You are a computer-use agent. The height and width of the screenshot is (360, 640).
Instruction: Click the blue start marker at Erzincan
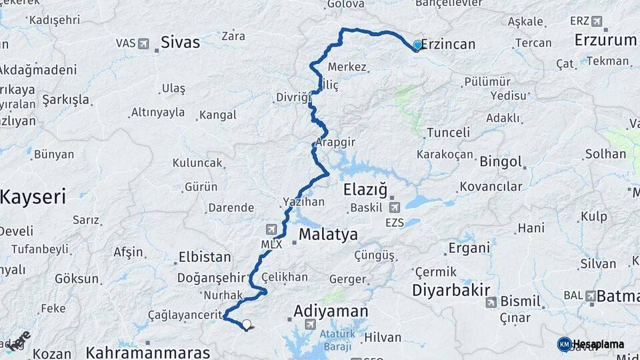pyautogui.click(x=417, y=45)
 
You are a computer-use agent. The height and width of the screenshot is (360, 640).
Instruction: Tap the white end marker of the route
pyautogui.click(x=247, y=325)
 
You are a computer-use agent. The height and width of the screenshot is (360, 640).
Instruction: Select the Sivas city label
pyautogui.click(x=180, y=43)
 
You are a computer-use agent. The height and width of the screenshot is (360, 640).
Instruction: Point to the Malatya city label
pyautogui.click(x=328, y=235)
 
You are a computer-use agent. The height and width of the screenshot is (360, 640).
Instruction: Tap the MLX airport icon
pyautogui.click(x=270, y=229)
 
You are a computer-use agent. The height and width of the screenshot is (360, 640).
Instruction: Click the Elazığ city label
pyautogui.click(x=365, y=191)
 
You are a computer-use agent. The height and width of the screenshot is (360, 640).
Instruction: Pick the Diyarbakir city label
pyautogui.click(x=451, y=291)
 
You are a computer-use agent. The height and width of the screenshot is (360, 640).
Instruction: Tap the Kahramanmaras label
pyautogui.click(x=148, y=352)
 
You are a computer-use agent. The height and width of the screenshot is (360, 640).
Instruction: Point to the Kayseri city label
pyautogui.click(x=33, y=197)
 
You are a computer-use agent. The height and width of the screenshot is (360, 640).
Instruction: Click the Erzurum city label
pyautogui.click(x=605, y=40)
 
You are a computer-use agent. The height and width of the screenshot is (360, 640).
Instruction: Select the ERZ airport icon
pyautogui.click(x=597, y=21)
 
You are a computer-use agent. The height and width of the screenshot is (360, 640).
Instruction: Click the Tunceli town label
pyautogui.click(x=448, y=132)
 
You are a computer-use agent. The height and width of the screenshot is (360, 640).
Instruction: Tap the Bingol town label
pyautogui.click(x=500, y=161)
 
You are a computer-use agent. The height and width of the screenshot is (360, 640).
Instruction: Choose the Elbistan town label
pyautogui.click(x=205, y=257)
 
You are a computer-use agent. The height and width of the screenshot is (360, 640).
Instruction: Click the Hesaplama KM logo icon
pyautogui.click(x=564, y=344)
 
